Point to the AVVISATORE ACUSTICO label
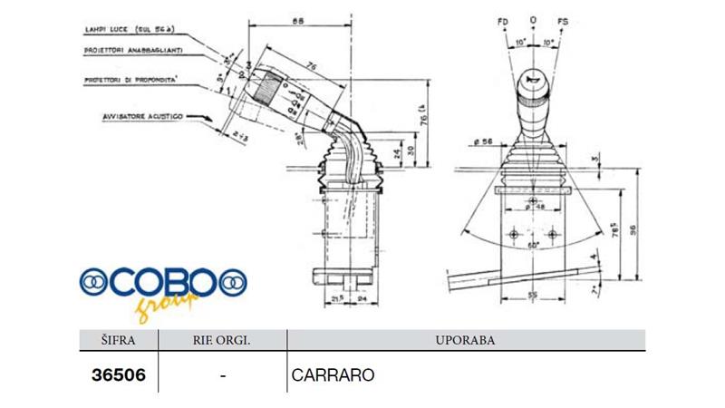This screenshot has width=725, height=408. [144, 117]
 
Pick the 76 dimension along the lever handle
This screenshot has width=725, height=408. [311, 64]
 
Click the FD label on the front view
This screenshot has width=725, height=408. [504, 20]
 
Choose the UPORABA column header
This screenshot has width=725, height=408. [465, 341]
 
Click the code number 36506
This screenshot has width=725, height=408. [119, 374]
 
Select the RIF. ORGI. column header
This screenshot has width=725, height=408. [222, 341]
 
